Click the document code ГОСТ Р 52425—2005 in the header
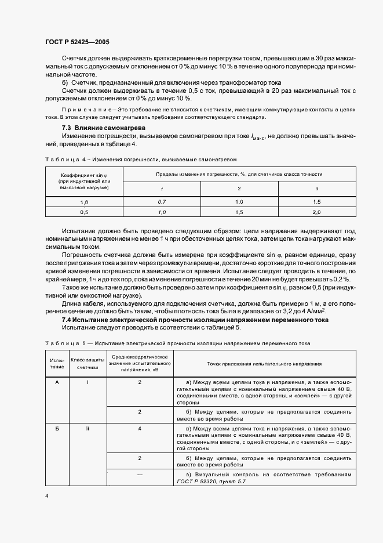pyautogui.click(x=77, y=42)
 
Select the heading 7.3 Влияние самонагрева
pyautogui.click(x=96, y=128)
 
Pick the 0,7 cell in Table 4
pyautogui.click(x=162, y=201)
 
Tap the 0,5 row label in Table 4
pyautogui.click(x=84, y=212)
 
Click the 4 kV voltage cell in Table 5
pyautogui.click(x=140, y=428)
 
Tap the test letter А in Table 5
pyautogui.click(x=57, y=382)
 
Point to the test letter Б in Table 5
pyautogui.click(x=57, y=428)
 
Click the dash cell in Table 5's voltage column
pyautogui.click(x=140, y=474)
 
